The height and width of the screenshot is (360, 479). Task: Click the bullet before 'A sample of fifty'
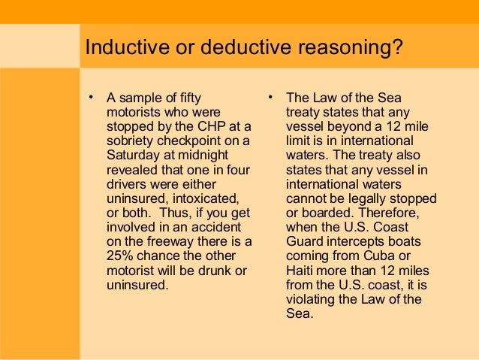(x=91, y=96)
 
